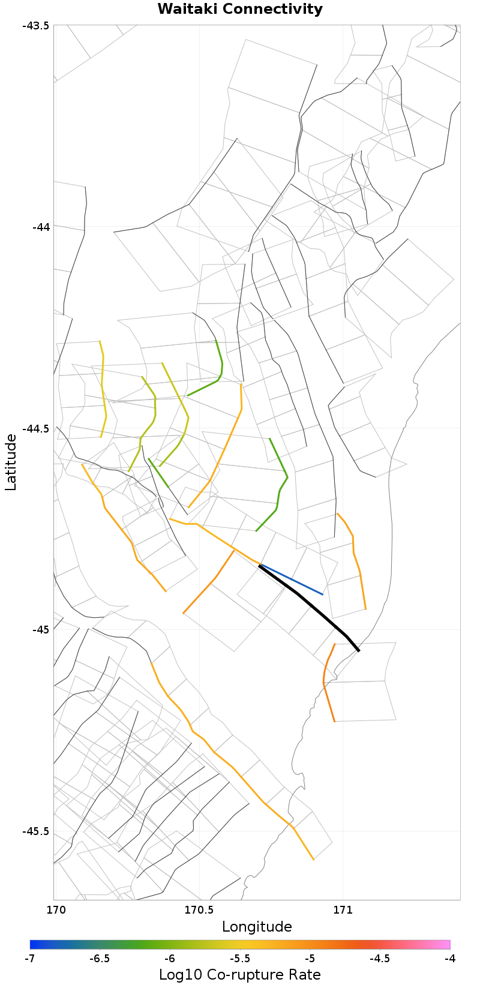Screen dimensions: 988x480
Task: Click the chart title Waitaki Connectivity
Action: click(x=240, y=10)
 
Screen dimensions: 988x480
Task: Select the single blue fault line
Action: click(x=294, y=580)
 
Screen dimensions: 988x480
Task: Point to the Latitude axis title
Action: click(x=11, y=463)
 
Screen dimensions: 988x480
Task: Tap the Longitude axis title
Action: click(x=257, y=927)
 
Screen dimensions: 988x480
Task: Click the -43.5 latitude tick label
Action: click(x=36, y=25)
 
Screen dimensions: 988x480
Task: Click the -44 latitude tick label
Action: click(x=41, y=227)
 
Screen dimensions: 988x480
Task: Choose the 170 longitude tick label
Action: click(x=54, y=909)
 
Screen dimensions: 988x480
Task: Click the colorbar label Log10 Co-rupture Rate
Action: click(x=240, y=975)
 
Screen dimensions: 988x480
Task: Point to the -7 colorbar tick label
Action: click(x=30, y=959)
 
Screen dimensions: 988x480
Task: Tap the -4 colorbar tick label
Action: click(x=450, y=959)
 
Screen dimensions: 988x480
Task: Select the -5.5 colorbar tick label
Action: click(x=240, y=959)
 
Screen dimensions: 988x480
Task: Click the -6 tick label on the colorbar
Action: click(x=170, y=959)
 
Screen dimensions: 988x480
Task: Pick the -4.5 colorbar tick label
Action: click(x=380, y=959)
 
